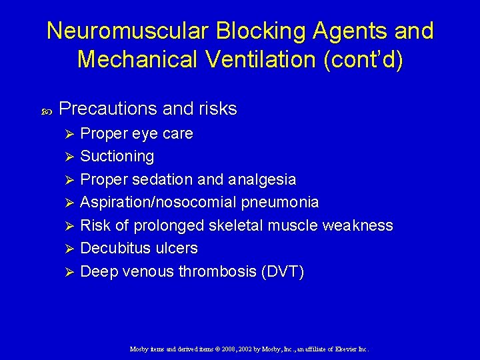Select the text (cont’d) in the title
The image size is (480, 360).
pos(364,59)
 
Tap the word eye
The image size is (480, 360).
pos(145,134)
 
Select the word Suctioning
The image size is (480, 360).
pos(117,157)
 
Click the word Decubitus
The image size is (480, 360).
pos(111,249)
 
